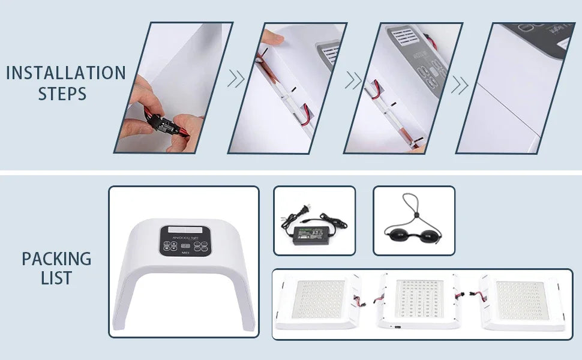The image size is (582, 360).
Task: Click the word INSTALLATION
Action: point(66,73)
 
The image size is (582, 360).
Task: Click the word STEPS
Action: point(62,94)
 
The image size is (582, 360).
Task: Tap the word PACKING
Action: point(56,259)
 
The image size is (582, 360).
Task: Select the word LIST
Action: point(56,278)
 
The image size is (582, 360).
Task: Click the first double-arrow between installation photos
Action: point(236,79)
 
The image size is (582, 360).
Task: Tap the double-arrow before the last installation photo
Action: point(460,85)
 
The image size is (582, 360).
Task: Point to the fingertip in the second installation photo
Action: point(275,38)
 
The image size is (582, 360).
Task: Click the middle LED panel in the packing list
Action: point(419,302)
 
